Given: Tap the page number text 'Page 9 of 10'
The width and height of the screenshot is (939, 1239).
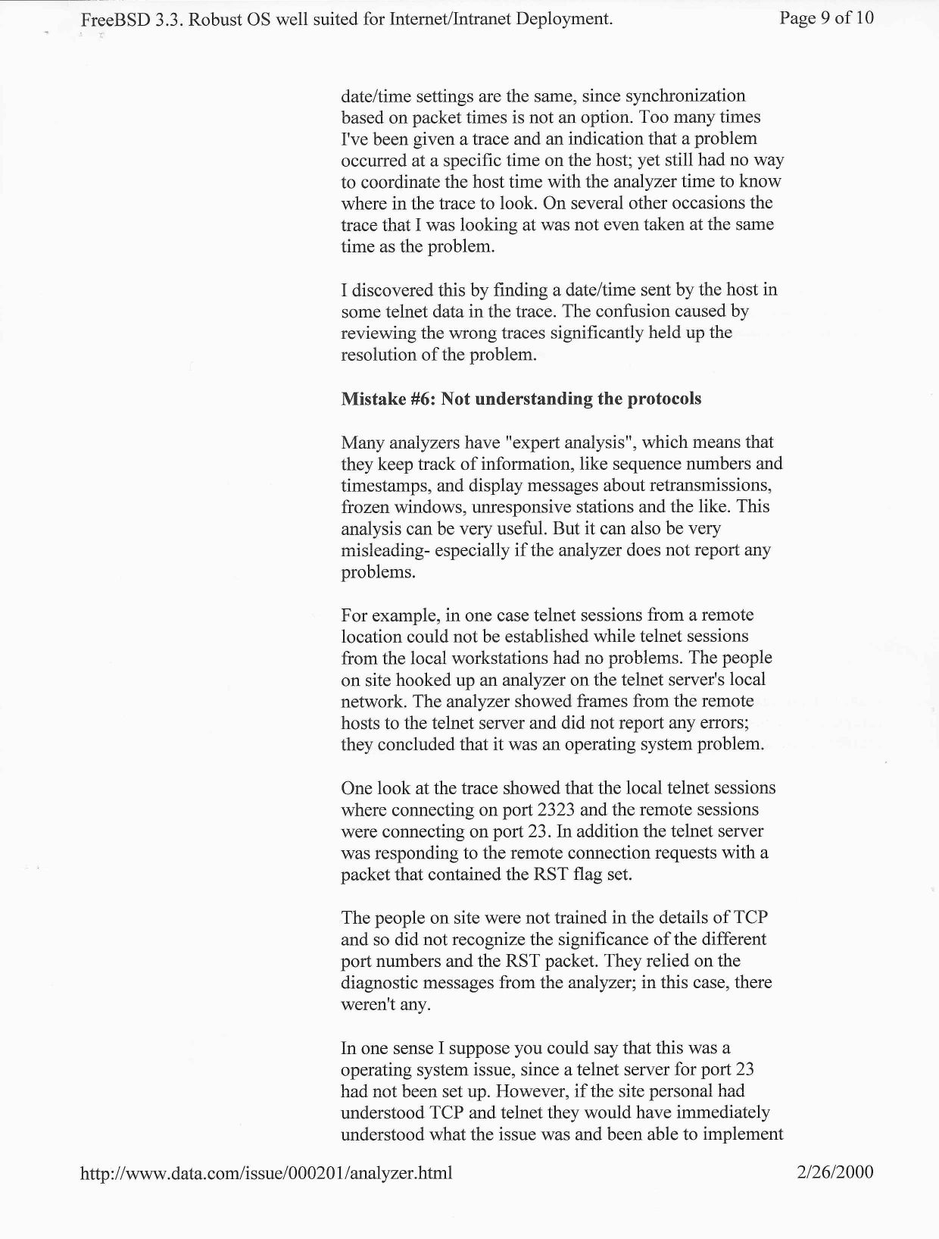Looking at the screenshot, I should tap(826, 18).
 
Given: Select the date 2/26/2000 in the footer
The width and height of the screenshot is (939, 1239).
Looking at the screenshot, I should tap(835, 1173).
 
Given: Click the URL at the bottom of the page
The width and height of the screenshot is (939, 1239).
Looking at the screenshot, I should tap(266, 1174).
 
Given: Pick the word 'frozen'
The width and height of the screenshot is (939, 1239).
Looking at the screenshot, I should tap(364, 506).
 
